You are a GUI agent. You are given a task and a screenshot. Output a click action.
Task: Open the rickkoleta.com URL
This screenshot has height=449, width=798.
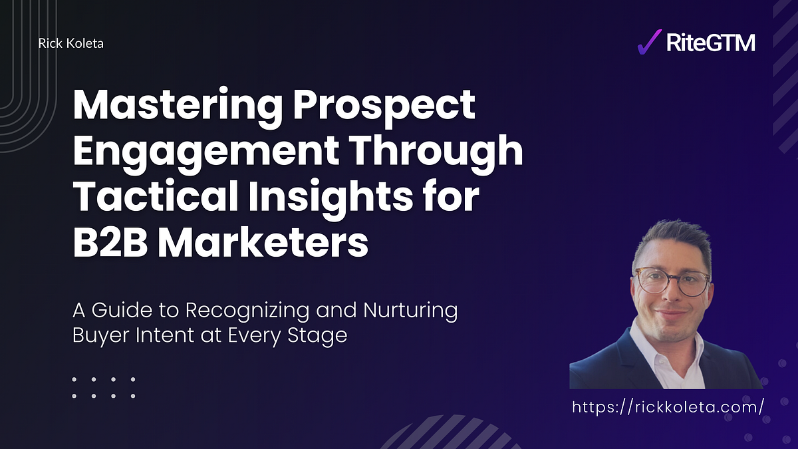(668, 407)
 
